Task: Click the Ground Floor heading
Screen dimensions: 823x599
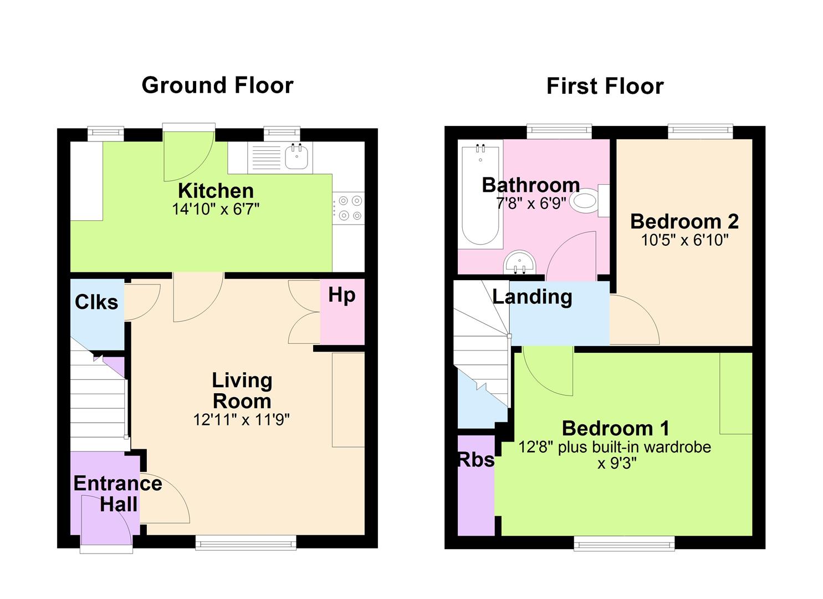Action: (217, 85)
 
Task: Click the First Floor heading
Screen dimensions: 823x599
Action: (605, 86)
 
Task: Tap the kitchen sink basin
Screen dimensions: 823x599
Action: (297, 157)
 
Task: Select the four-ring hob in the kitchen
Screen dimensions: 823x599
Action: (349, 208)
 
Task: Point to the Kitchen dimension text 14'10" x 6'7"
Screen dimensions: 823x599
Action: (216, 209)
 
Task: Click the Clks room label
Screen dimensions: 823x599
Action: (96, 302)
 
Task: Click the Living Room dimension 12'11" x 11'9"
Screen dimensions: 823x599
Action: (242, 419)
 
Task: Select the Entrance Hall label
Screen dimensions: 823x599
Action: (118, 494)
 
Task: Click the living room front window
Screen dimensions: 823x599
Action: (246, 542)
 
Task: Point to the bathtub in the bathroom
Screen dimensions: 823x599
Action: (480, 195)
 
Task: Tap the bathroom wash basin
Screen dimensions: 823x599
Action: (520, 262)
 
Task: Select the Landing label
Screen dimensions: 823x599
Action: (532, 297)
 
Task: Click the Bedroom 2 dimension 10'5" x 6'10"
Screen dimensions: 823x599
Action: (684, 240)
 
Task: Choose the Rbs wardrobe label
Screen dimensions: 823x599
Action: (476, 460)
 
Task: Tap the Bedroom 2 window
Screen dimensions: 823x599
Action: (701, 131)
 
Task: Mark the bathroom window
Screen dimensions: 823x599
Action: (559, 131)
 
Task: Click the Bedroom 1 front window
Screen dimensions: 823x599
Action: (624, 544)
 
